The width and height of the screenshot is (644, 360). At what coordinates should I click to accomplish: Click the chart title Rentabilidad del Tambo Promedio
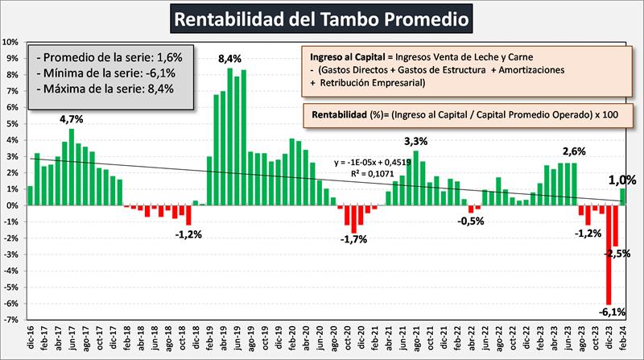point(321,17)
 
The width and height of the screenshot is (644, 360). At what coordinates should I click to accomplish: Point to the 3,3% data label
point(415,142)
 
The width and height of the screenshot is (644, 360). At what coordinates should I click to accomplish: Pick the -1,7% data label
point(354,239)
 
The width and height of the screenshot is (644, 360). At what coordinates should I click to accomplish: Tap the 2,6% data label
point(575,151)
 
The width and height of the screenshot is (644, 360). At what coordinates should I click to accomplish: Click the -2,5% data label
point(618,254)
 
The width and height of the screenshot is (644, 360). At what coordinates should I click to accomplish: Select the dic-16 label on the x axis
point(29,339)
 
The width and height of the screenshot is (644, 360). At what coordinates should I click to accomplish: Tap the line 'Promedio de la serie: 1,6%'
point(112,57)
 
